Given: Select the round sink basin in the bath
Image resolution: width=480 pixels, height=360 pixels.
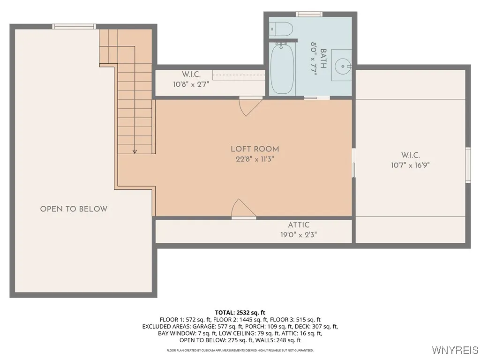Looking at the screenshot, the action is click(x=342, y=66).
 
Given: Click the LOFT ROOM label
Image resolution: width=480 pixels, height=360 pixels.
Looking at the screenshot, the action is click(x=255, y=149).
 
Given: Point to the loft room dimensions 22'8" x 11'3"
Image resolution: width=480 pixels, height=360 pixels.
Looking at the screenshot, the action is click(x=255, y=159).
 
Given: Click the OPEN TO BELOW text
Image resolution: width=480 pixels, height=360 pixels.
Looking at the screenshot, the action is click(x=74, y=209).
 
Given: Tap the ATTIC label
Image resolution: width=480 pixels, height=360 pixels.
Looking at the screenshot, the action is click(x=299, y=225).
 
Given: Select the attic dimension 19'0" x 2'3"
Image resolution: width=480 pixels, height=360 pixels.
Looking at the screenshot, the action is click(x=299, y=235).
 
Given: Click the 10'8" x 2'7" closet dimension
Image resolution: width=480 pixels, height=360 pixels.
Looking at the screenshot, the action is click(x=191, y=84).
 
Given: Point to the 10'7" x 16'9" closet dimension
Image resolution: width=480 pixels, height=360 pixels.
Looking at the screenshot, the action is click(x=411, y=165).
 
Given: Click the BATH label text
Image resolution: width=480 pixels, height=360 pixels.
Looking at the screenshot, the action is click(x=323, y=59).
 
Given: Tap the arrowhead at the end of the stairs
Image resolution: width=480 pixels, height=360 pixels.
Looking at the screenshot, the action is click(x=135, y=151).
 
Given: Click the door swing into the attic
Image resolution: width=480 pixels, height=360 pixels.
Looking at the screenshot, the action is click(x=244, y=209).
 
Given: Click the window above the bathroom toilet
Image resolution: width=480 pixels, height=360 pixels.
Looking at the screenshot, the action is click(x=309, y=14).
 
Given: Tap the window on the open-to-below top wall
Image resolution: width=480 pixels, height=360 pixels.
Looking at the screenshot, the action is click(x=74, y=27).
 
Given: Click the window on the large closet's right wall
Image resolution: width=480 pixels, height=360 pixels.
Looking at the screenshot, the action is click(x=468, y=165).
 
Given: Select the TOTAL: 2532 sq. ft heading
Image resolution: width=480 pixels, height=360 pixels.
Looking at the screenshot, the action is click(x=240, y=313).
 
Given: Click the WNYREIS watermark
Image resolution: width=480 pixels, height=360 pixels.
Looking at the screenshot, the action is click(x=455, y=350).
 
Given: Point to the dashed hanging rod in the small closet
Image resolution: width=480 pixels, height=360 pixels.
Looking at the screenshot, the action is click(x=239, y=75).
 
